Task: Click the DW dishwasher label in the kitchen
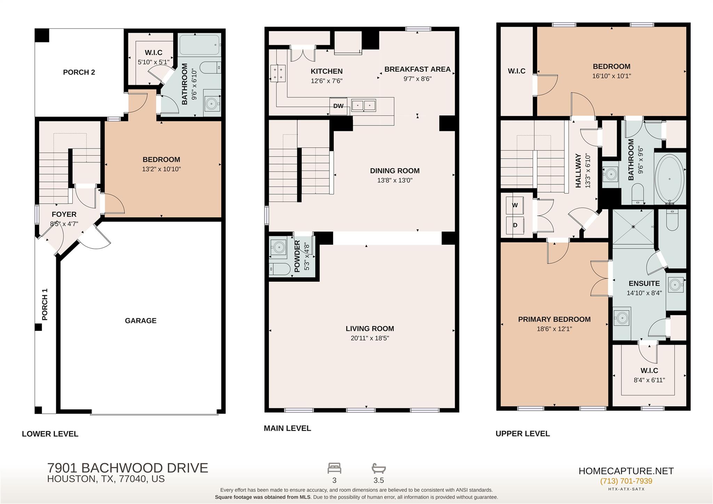(x=338, y=106)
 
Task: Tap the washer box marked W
(x=515, y=205)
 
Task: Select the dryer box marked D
(x=515, y=225)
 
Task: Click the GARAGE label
(x=141, y=320)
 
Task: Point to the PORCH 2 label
(x=79, y=72)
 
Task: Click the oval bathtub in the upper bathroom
(x=669, y=179)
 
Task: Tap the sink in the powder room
(x=279, y=247)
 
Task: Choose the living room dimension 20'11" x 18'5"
(x=370, y=338)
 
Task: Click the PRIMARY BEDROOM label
(x=554, y=319)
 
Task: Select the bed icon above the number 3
(x=334, y=468)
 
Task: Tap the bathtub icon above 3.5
(x=379, y=468)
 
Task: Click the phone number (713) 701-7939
(x=626, y=481)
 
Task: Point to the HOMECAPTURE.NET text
(x=626, y=471)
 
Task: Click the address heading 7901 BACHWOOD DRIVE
(x=127, y=468)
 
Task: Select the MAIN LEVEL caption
(x=287, y=428)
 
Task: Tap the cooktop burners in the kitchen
(x=278, y=73)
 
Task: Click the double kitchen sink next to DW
(x=363, y=105)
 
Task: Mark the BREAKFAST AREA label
(x=417, y=69)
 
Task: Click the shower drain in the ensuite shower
(x=633, y=227)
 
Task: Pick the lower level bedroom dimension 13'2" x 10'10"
(x=161, y=169)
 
